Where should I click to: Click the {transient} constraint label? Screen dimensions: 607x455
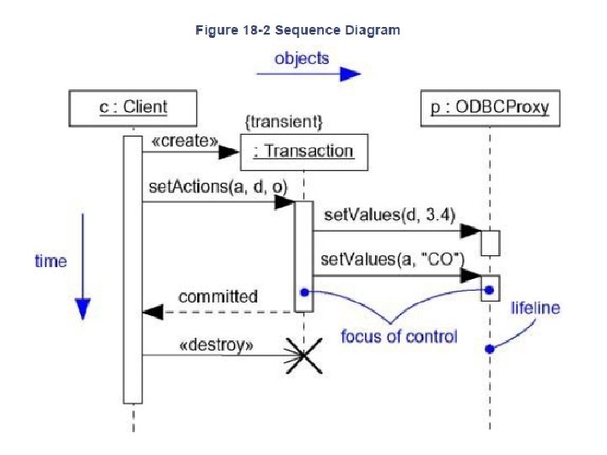[284, 122]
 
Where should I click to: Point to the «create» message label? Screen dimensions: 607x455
[185, 141]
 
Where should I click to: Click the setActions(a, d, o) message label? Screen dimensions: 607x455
[218, 187]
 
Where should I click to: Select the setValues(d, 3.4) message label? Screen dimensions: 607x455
[389, 215]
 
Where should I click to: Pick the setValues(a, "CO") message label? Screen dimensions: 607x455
[393, 259]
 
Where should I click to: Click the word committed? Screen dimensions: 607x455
[218, 297]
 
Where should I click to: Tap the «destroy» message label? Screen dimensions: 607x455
[217, 345]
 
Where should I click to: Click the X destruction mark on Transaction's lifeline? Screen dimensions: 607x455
[303, 356]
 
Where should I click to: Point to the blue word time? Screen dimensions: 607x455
[51, 261]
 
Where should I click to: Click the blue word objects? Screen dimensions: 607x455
[302, 59]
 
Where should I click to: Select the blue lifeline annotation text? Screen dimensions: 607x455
[535, 308]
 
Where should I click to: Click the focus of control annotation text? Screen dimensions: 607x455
[399, 336]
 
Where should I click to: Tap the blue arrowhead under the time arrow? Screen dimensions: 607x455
[83, 308]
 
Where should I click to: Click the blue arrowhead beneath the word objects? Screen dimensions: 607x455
[351, 74]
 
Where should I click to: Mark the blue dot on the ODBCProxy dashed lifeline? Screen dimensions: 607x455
[490, 349]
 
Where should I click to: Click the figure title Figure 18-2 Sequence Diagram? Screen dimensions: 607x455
[298, 30]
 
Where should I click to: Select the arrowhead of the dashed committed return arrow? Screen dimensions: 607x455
[153, 312]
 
